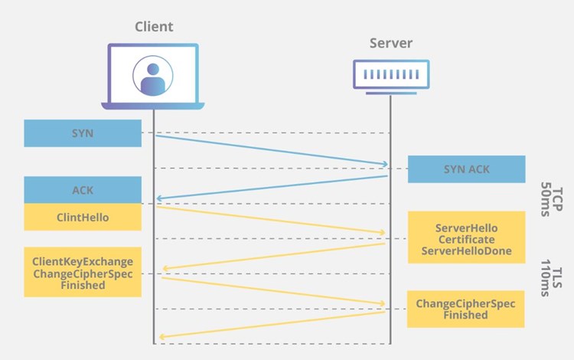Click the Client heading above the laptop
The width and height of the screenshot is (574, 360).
[154, 27]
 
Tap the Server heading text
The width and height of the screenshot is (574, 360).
[391, 43]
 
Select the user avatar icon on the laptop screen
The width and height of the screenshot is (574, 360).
[152, 76]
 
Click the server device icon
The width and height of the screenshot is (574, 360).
[391, 77]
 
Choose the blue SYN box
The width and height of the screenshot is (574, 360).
[83, 133]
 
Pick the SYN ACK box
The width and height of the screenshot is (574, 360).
[466, 169]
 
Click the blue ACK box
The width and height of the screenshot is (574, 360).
[83, 190]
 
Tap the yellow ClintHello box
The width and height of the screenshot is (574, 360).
[83, 218]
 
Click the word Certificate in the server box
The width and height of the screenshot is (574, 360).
[466, 240]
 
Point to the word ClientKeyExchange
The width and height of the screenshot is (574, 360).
[83, 262]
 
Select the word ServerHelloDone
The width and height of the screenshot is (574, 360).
[466, 251]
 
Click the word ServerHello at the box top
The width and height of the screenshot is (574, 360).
[466, 228]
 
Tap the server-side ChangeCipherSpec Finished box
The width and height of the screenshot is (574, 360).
[465, 309]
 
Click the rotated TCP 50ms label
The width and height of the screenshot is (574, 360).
[551, 200]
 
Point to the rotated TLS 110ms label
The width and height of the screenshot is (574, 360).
[551, 278]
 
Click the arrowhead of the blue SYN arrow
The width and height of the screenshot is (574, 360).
[385, 164]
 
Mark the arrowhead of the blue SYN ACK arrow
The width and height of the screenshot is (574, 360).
[159, 199]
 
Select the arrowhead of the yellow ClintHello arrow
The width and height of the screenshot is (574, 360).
[383, 232]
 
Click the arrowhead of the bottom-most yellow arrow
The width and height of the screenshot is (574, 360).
[161, 337]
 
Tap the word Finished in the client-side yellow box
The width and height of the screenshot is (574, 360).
[83, 285]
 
